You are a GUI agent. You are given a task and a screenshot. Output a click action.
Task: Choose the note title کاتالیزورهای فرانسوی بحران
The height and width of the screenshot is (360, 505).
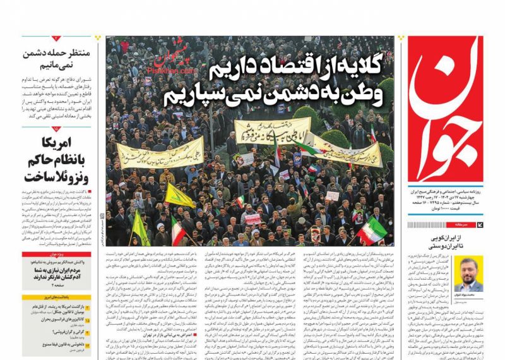tap(59, 320)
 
